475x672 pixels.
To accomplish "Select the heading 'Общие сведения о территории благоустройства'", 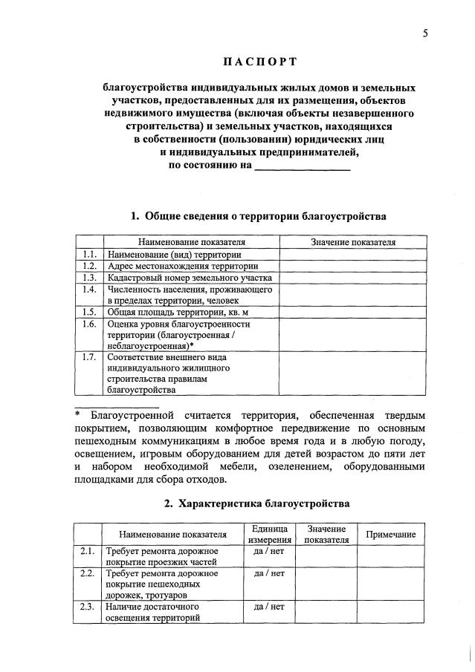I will click(259, 216).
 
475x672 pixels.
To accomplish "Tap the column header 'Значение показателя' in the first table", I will click(353, 242).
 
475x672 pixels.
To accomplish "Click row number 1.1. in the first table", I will click(88, 254).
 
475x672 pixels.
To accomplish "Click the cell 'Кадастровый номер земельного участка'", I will click(189, 277).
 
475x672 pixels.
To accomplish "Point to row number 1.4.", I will click(88, 289).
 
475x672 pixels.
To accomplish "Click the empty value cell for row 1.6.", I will click(353, 335).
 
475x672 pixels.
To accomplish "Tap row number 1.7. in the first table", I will click(88, 357).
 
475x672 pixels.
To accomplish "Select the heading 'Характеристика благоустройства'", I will click(257, 503).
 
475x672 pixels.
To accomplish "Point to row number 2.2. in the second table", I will click(87, 574).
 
